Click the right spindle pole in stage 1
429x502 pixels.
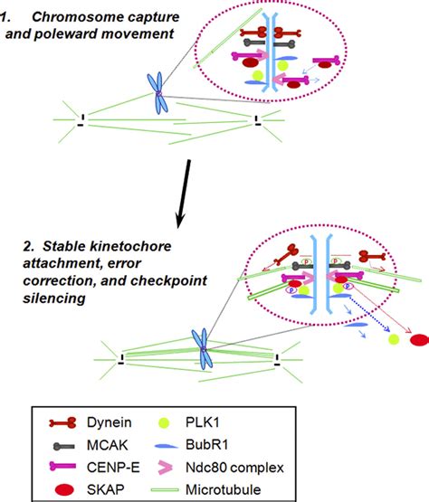click(x=259, y=117)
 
